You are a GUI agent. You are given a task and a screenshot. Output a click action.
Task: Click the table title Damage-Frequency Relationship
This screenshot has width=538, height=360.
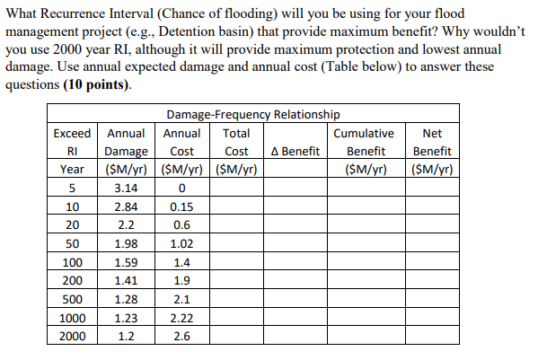point(252,114)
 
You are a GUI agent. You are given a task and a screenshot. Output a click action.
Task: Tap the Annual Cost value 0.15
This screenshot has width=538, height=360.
point(182,206)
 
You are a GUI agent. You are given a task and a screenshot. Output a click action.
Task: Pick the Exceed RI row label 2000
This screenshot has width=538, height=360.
point(72,338)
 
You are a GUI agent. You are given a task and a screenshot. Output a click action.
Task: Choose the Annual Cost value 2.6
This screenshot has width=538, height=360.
point(182,338)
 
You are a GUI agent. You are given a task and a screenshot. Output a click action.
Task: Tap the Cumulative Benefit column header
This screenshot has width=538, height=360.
point(365,151)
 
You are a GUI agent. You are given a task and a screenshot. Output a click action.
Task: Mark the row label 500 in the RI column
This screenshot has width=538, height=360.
point(72,300)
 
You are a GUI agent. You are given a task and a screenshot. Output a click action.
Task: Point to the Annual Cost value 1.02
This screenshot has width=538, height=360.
point(182,244)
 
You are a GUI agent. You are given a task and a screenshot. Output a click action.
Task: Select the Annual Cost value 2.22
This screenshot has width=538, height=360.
point(182,319)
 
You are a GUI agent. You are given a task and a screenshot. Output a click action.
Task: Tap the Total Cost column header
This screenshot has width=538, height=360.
point(236,151)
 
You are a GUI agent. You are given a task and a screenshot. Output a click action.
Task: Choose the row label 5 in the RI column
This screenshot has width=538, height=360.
point(72,188)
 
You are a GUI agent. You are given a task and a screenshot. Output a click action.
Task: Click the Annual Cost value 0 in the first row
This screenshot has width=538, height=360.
point(182,188)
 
